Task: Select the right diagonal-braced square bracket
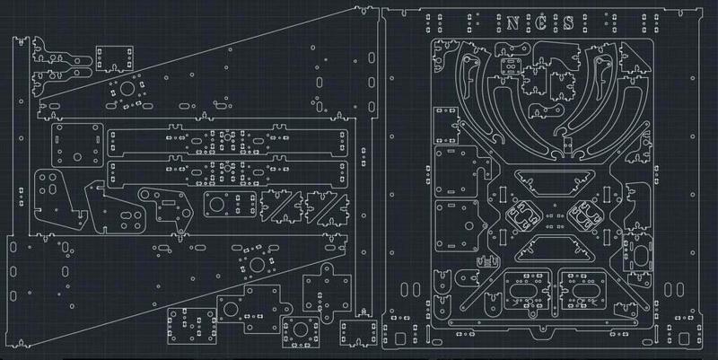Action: (325, 207)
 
